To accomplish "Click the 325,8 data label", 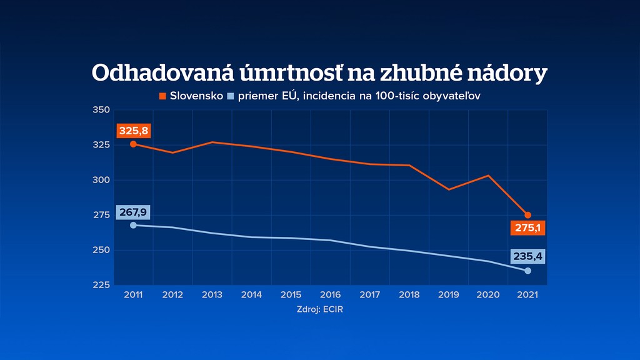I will coord(133,131).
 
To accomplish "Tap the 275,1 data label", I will coord(527,227).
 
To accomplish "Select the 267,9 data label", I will coord(132,213).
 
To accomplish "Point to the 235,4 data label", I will coord(527,256).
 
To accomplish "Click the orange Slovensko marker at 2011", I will coord(133,144).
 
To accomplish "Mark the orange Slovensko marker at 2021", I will coord(527,215).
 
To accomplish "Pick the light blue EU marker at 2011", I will coord(133,225).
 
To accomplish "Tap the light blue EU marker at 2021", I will coord(527,271).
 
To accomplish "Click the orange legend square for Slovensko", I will coord(163,96).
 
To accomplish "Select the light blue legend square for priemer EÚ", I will coord(230,96).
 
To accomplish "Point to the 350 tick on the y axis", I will coord(101,110).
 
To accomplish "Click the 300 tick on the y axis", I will coord(101,180).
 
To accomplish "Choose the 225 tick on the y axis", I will coord(101,285).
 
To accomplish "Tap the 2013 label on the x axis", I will coord(212,295).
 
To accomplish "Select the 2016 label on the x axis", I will coord(330,295).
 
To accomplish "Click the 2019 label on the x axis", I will coord(448,295).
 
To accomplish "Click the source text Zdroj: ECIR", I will coord(319,311).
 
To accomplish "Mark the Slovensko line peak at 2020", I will coord(488,176).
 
